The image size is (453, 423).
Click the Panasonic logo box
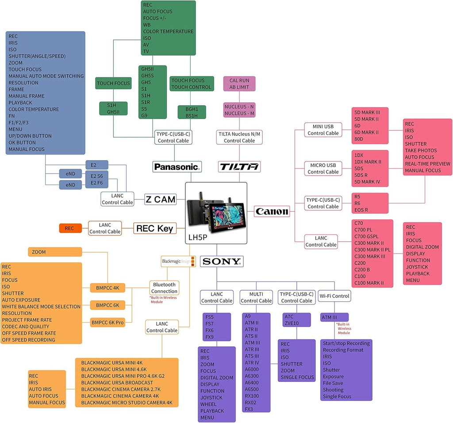coord(177,167)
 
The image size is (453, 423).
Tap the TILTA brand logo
coord(239,167)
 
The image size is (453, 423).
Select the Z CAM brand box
coord(160,200)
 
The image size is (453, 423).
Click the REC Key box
coord(154,228)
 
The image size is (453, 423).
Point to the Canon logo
coord(272,211)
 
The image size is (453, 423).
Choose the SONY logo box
coord(222,261)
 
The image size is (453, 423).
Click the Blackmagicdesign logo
coord(178,261)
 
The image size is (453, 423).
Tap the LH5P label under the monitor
coord(198,238)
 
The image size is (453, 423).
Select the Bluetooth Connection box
coord(164,288)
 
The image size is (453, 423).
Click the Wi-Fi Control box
coord(334,296)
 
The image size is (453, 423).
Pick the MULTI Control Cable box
coord(256,297)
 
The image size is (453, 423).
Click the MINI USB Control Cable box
coord(323,130)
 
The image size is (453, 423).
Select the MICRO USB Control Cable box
coord(323,169)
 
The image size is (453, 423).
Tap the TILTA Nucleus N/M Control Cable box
coord(239,137)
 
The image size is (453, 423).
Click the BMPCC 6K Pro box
coord(107,322)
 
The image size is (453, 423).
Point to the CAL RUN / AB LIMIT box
coord(239,84)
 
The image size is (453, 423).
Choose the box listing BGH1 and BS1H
coord(192,112)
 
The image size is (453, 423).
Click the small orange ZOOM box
coord(55,252)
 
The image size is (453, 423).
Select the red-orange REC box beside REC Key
coord(70,228)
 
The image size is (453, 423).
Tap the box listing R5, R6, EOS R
coord(370,203)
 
